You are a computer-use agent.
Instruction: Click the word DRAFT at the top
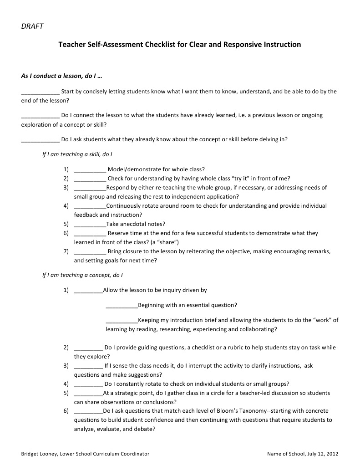(32, 26)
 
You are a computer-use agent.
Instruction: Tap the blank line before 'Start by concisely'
(40, 92)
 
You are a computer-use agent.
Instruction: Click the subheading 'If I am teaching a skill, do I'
(77, 154)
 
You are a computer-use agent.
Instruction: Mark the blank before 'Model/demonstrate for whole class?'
(90, 169)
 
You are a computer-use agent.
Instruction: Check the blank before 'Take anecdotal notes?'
(90, 224)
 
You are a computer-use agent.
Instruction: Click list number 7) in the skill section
(66, 251)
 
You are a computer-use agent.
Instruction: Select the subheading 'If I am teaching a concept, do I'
(82, 275)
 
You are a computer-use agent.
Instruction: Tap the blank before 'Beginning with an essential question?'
(122, 305)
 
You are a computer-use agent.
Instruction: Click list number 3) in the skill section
(66, 187)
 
